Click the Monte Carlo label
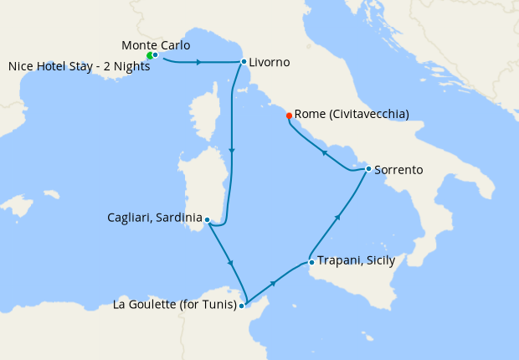point(156,44)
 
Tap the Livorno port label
point(270,62)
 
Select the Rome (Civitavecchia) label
point(352,115)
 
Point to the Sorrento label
point(398,170)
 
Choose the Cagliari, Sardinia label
point(155,218)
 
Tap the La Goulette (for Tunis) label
point(174,304)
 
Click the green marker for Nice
point(149,56)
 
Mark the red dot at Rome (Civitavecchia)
point(289,115)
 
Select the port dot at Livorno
point(243,61)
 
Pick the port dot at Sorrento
point(368,168)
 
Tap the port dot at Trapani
point(311,262)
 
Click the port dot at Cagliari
point(207,221)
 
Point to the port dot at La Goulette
point(242,306)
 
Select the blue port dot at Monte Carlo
point(155,54)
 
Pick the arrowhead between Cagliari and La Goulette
point(229,265)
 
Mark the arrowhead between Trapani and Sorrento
point(338,216)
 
